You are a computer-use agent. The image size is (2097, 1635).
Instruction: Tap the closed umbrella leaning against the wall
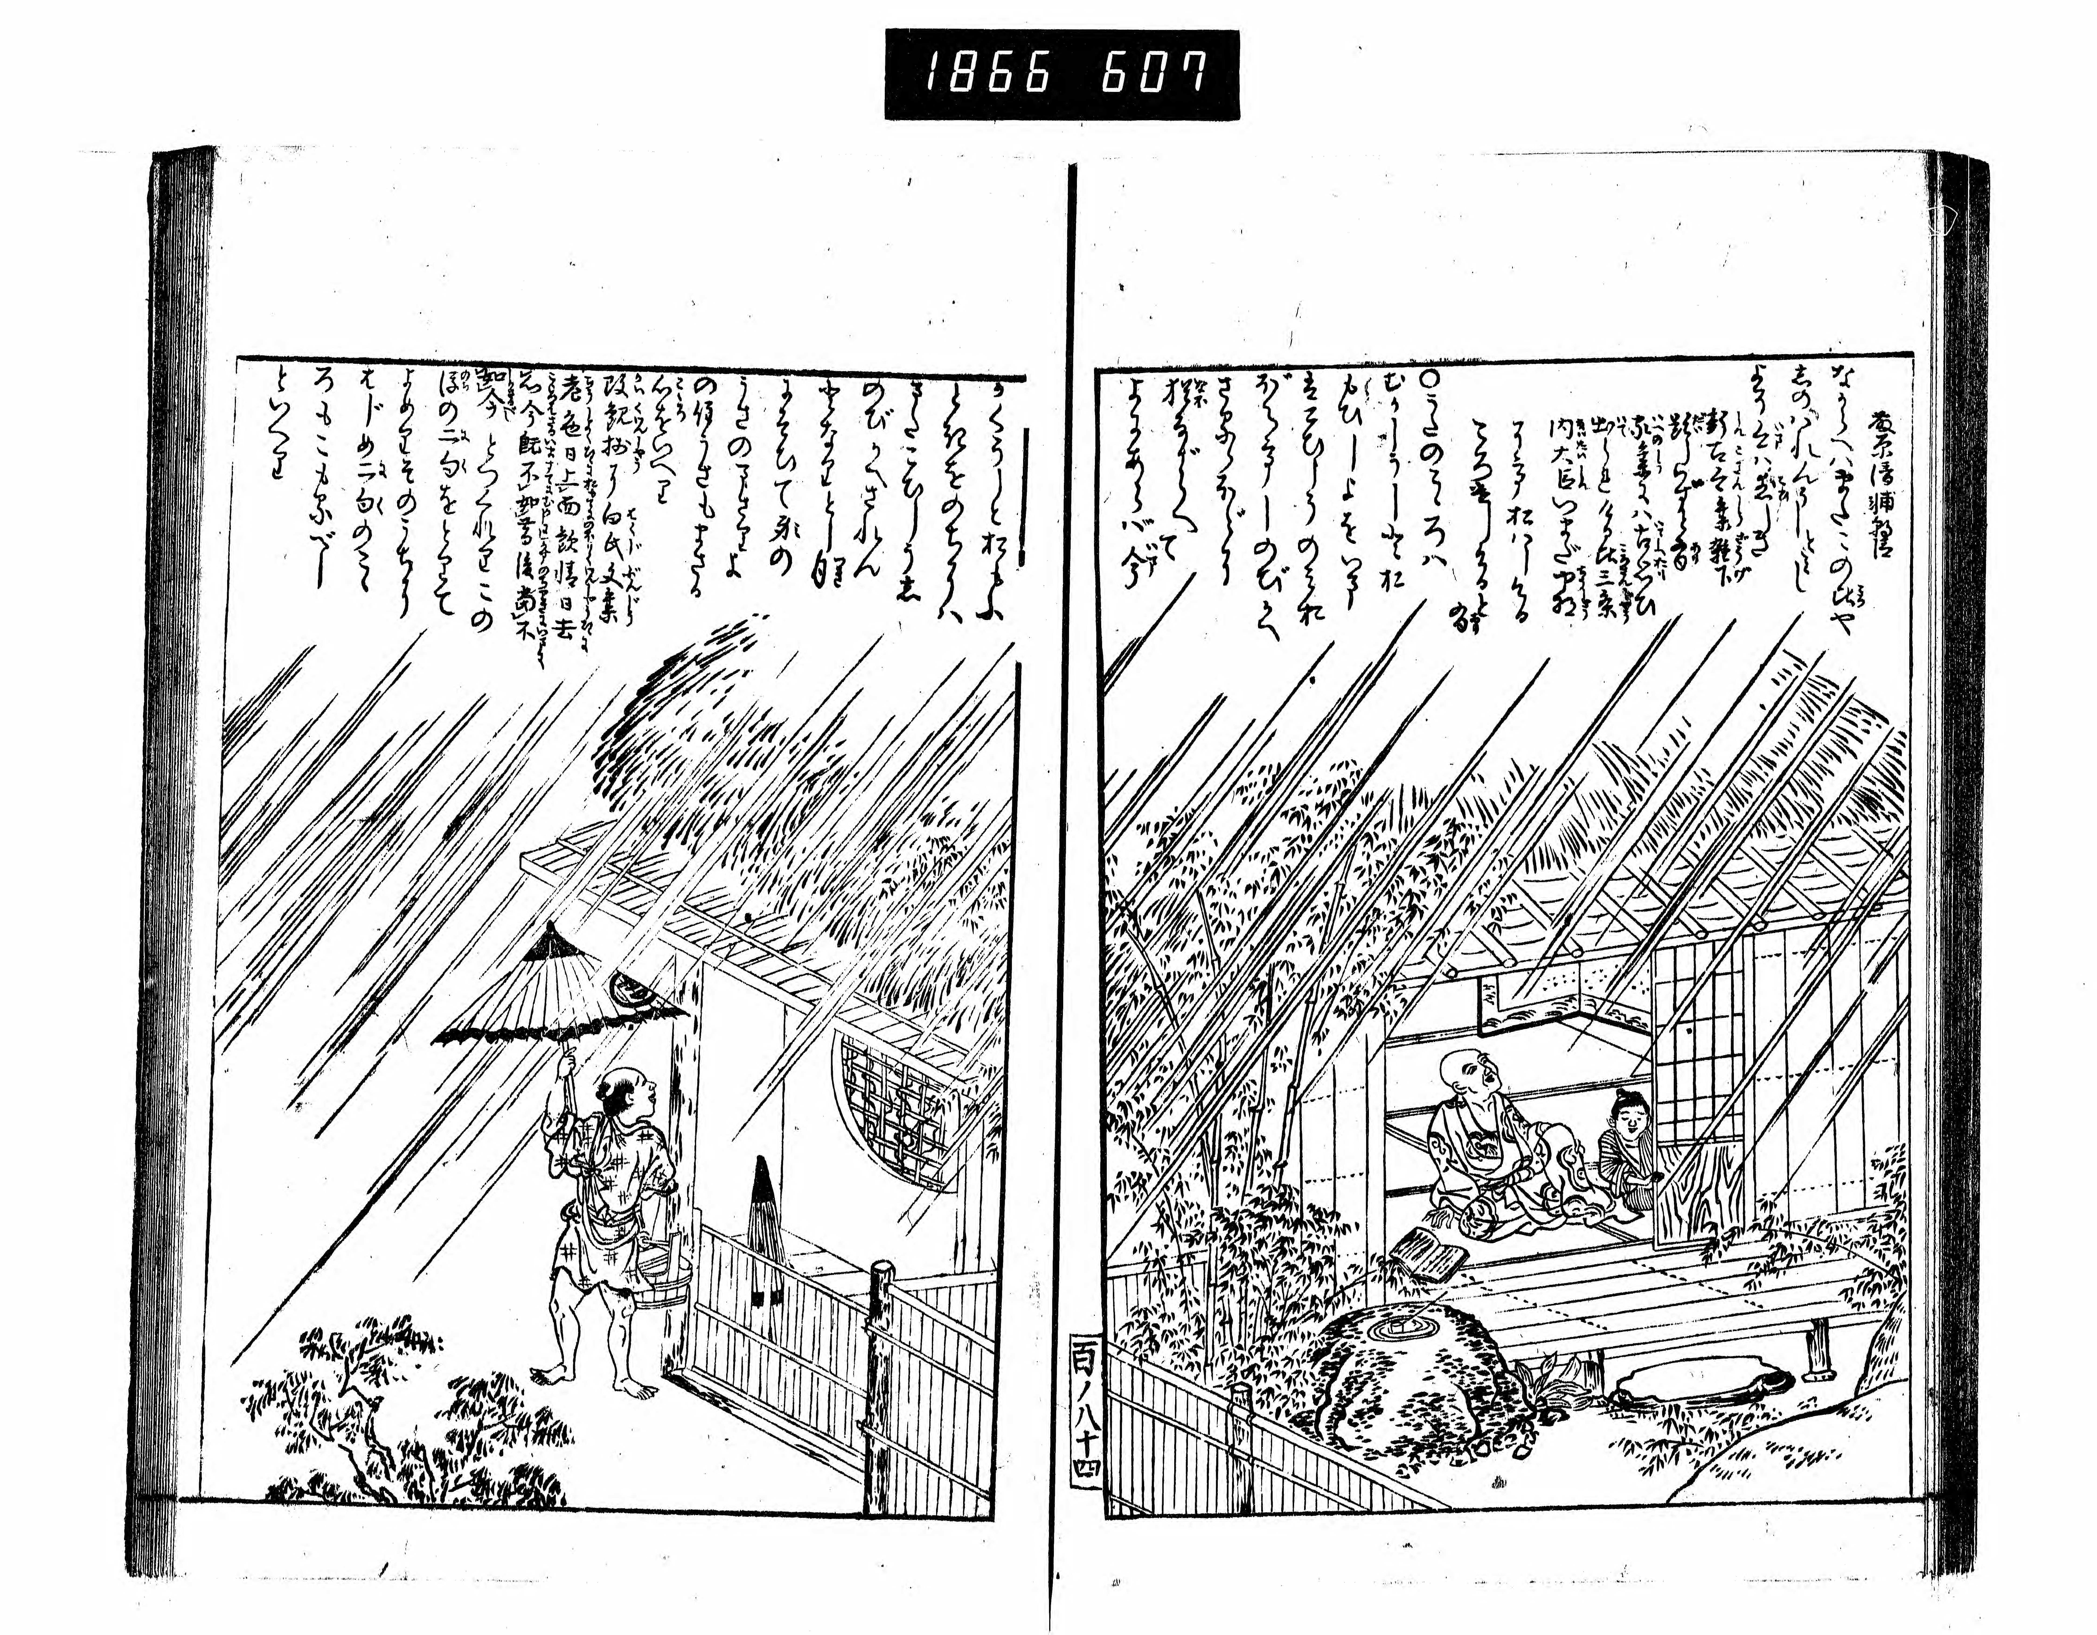pyautogui.click(x=765, y=1230)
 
